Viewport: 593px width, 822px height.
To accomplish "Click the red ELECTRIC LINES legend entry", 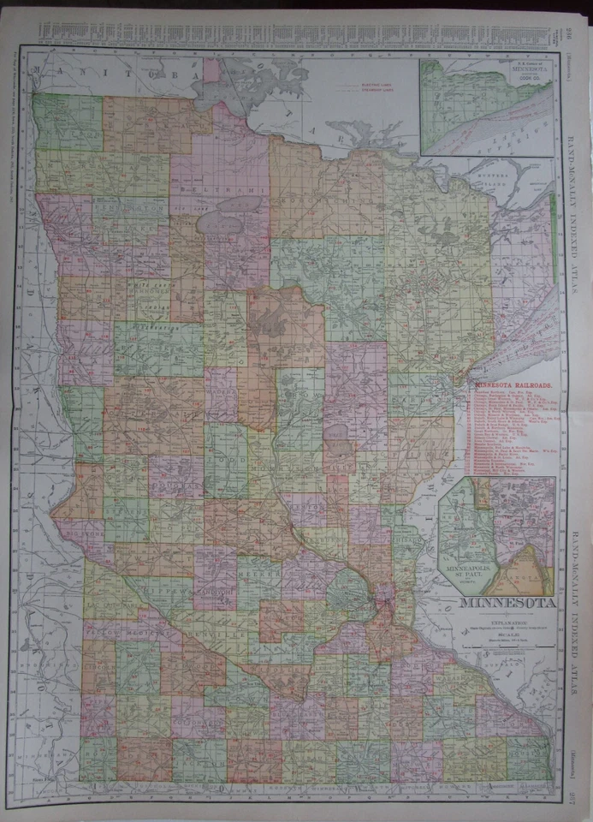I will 368,86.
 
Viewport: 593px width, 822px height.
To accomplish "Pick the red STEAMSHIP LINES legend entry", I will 368,92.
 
